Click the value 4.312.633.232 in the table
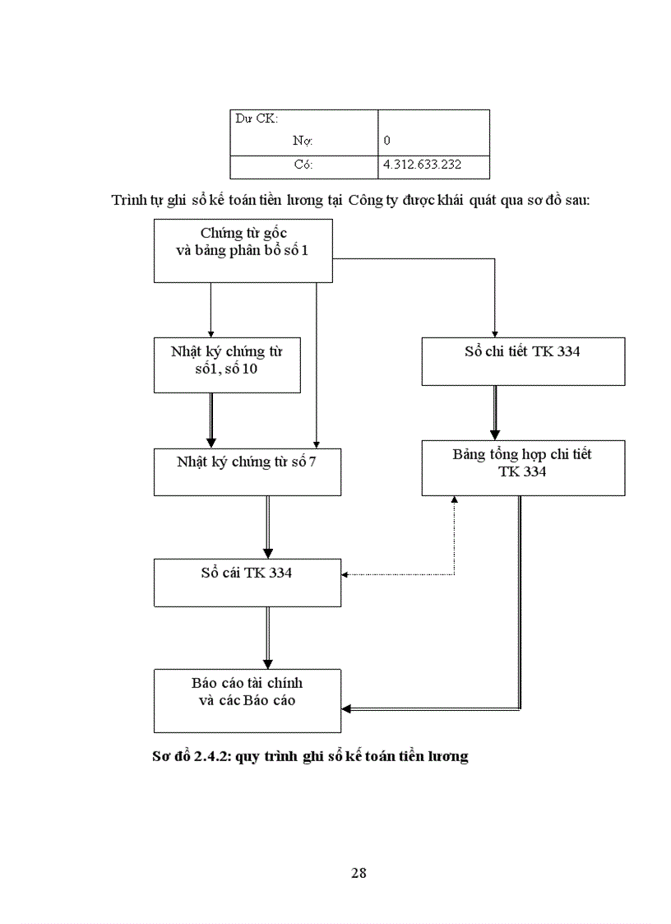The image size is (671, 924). click(x=422, y=165)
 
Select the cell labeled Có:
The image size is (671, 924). click(x=303, y=165)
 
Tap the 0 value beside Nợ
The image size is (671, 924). click(x=387, y=141)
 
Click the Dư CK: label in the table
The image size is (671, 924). click(x=257, y=119)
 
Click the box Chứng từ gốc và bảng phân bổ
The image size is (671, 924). click(x=243, y=250)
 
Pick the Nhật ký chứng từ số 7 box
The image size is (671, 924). click(x=247, y=471)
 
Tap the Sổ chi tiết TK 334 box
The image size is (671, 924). click(x=522, y=361)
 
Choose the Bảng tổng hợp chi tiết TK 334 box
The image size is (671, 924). click(x=522, y=467)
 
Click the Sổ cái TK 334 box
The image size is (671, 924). click(x=247, y=583)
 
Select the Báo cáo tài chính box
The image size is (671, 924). click(x=247, y=700)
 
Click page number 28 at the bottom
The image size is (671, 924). click(x=359, y=873)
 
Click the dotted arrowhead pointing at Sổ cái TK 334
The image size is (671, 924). click(x=346, y=574)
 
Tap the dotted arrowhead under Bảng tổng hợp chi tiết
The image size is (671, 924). click(x=454, y=500)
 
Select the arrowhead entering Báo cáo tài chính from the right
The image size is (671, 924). click(x=347, y=708)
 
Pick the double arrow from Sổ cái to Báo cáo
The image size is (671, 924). click(x=267, y=638)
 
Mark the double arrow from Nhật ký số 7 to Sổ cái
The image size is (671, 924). click(x=267, y=527)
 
